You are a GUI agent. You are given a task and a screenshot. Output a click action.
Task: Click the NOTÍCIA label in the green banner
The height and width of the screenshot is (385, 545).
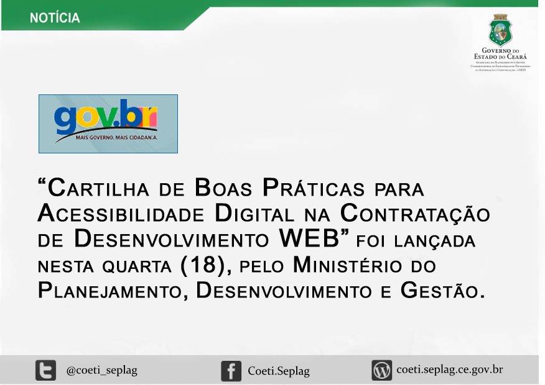click(x=55, y=18)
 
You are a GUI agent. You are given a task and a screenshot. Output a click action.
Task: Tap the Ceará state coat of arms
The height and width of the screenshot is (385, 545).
click(x=500, y=30)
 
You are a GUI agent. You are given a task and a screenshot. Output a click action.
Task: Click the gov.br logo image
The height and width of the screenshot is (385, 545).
click(x=108, y=124)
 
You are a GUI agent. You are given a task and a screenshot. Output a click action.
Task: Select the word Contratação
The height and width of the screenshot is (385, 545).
click(x=416, y=214)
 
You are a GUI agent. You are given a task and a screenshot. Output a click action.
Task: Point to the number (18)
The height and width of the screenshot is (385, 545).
click(x=205, y=266)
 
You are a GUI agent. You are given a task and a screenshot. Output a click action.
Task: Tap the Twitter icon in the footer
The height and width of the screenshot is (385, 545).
click(x=45, y=371)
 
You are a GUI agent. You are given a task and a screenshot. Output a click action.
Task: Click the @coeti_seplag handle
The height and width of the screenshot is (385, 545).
click(x=101, y=371)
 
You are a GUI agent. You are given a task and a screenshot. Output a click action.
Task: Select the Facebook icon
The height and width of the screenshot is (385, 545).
click(x=231, y=371)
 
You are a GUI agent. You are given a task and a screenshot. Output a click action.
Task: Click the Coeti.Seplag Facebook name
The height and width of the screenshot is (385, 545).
click(x=278, y=371)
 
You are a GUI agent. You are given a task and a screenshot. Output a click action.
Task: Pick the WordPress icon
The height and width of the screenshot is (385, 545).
click(x=381, y=371)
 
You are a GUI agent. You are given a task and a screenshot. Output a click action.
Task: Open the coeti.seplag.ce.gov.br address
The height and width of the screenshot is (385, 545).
click(x=449, y=370)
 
